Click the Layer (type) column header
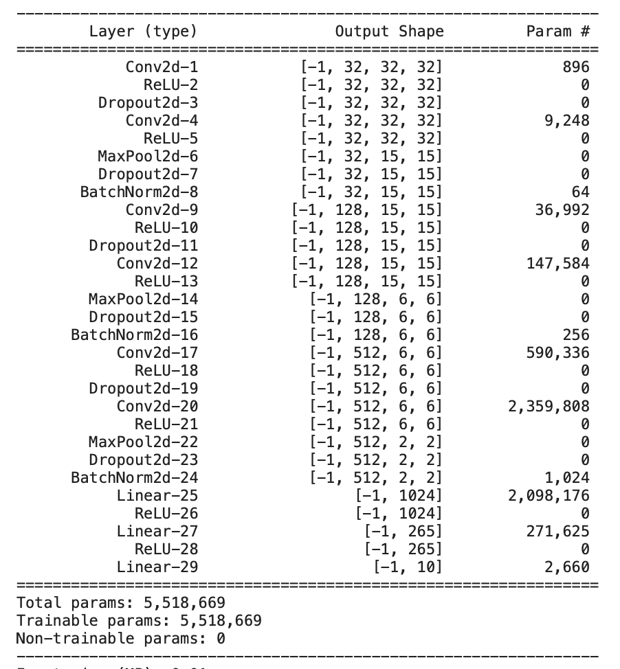(143, 31)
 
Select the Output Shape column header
(389, 31)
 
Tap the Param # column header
(557, 31)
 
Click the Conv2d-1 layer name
(162, 67)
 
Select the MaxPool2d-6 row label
(148, 156)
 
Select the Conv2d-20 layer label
(157, 406)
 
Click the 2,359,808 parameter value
(549, 406)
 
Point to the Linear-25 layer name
(157, 495)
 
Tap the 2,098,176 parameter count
(549, 495)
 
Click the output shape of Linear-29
(407, 567)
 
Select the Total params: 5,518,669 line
(121, 603)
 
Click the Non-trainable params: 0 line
(121, 639)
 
